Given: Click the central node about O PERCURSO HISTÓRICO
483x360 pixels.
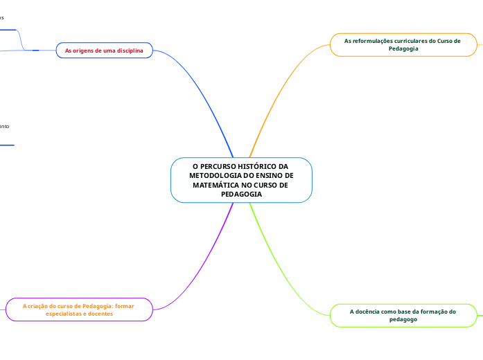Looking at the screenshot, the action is [x=241, y=180].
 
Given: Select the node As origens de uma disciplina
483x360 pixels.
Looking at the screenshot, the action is [x=104, y=51].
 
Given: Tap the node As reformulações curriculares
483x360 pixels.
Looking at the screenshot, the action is [x=403, y=44].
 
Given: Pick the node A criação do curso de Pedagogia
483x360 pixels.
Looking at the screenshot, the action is [x=78, y=309].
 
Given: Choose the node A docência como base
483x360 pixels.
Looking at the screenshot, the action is [x=403, y=315].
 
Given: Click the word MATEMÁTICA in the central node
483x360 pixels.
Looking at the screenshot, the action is [x=216, y=185].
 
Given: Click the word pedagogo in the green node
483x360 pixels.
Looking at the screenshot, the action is [x=403, y=319].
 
